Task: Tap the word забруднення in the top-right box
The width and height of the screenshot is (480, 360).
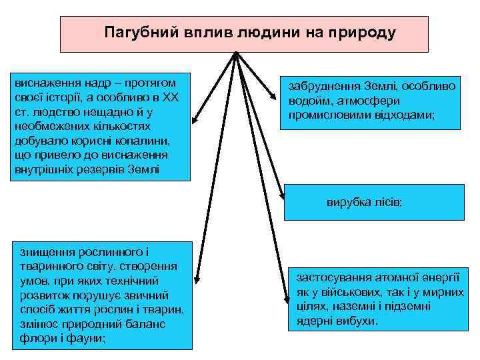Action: pyautogui.click(x=325, y=87)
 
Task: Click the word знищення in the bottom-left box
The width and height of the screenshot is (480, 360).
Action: pyautogui.click(x=45, y=252)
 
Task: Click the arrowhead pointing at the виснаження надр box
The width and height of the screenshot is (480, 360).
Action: pyautogui.click(x=194, y=122)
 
